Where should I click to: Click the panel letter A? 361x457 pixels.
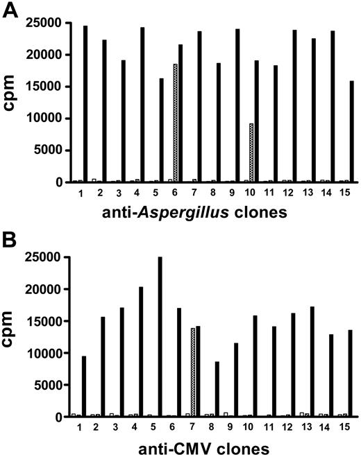pos(10,12)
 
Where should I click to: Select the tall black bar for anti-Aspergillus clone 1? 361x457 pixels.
pos(85,104)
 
